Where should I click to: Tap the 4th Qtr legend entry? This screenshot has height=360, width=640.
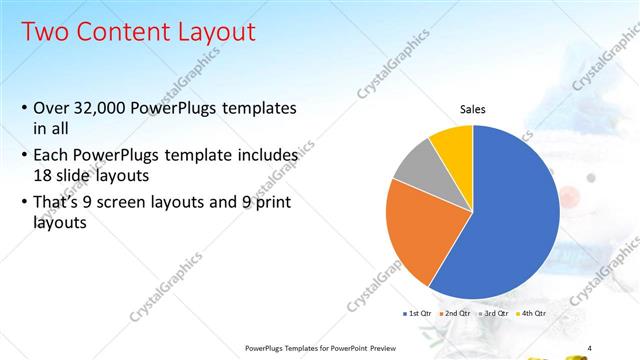pyautogui.click(x=532, y=313)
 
